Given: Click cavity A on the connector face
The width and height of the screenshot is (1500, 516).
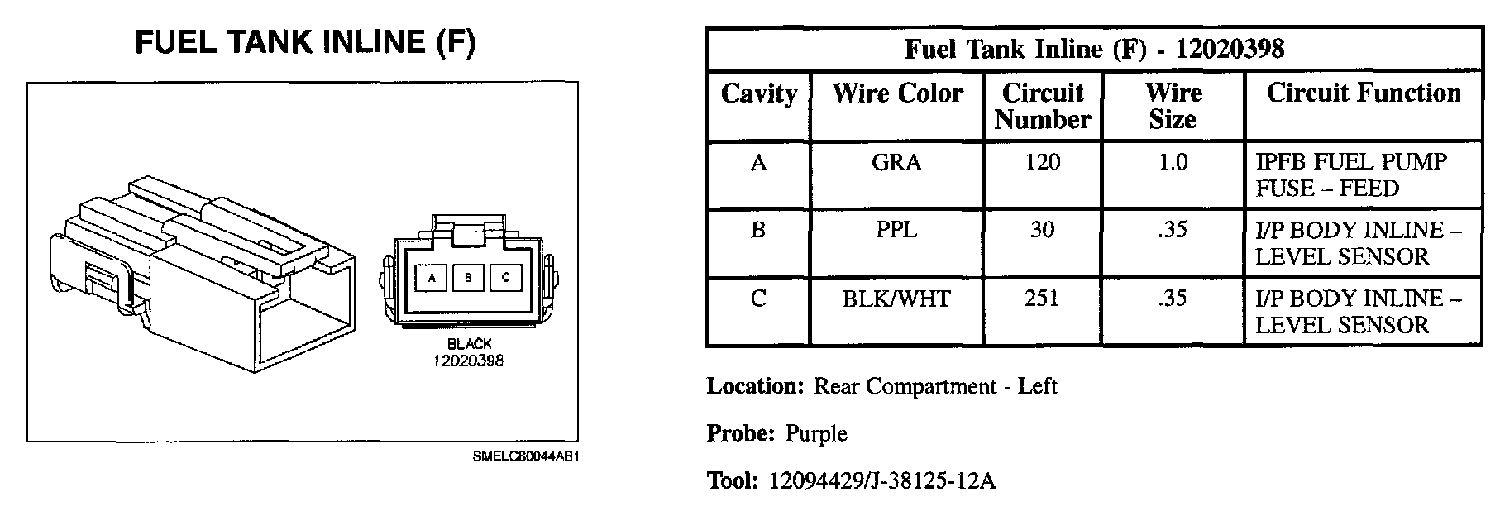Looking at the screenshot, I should click(x=431, y=279).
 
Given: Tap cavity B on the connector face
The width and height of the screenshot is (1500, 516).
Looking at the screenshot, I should click(x=469, y=279).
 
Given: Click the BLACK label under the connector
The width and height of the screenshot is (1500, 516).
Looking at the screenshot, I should click(x=469, y=344).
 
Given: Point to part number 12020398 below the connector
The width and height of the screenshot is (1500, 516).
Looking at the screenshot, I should click(x=468, y=361).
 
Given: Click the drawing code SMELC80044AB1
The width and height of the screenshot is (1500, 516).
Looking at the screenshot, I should click(x=525, y=456).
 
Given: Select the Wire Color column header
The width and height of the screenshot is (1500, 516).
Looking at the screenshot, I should click(x=897, y=93).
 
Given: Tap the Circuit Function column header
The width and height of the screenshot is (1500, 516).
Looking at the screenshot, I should click(x=1364, y=93).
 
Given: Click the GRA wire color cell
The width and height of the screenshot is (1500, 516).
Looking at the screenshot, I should click(x=896, y=162).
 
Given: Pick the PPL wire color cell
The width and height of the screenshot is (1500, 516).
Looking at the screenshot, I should click(x=896, y=230).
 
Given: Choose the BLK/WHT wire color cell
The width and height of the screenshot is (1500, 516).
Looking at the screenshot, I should click(x=896, y=299).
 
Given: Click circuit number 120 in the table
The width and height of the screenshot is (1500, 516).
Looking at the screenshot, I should click(x=1042, y=162).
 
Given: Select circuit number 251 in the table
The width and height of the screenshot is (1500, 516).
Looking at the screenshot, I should click(x=1042, y=299).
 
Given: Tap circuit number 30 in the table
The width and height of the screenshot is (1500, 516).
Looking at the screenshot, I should click(x=1042, y=230).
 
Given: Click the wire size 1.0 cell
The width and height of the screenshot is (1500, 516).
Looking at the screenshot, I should click(x=1173, y=162).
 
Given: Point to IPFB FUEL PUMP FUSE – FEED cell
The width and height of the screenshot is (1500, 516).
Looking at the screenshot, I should click(x=1351, y=175).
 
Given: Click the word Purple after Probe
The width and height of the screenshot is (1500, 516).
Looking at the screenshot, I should click(x=816, y=433).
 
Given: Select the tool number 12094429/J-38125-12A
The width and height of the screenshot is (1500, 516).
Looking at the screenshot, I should click(x=882, y=481).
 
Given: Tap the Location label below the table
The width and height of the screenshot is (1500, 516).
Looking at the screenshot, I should click(x=755, y=386).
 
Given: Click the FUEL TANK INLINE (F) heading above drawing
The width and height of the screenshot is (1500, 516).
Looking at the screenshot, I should click(x=305, y=42).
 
